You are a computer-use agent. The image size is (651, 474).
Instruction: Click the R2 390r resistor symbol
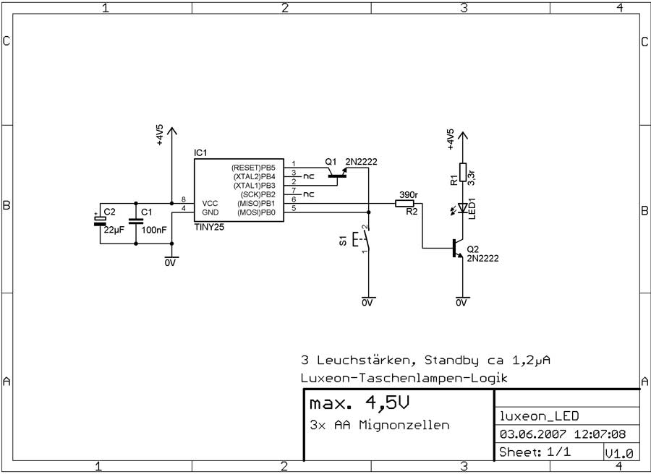click(404, 203)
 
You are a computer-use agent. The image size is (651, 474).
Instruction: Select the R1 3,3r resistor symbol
click(462, 172)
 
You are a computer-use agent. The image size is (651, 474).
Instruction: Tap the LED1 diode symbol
click(461, 208)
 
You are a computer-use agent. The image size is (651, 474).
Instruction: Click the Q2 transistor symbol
click(458, 248)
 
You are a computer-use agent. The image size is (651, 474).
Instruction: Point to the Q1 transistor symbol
click(337, 174)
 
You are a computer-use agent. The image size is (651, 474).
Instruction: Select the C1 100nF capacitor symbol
click(136, 220)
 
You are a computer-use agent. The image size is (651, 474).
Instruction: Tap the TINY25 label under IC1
click(209, 228)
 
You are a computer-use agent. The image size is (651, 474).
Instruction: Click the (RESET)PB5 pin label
click(253, 168)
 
